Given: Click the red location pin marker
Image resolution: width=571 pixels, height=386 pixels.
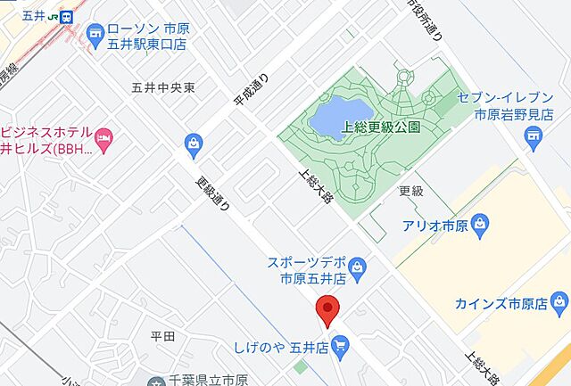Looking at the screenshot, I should click(328, 309).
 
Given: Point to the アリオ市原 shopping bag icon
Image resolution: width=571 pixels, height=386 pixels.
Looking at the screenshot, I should click(480, 223).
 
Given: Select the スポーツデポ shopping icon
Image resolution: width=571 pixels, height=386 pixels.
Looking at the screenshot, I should click(357, 265).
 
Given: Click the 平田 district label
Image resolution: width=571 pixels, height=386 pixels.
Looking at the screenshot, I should click(162, 336).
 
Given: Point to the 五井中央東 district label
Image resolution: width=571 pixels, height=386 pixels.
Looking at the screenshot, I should click(162, 87).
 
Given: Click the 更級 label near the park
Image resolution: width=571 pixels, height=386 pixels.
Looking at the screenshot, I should click(411, 192).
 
